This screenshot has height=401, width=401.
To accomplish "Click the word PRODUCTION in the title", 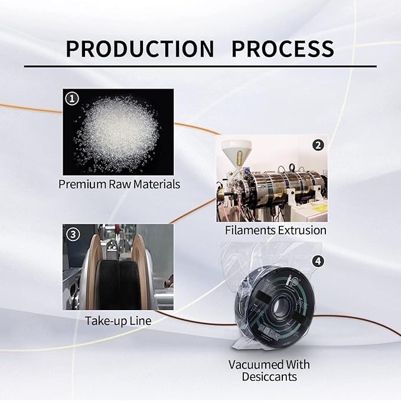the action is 140,48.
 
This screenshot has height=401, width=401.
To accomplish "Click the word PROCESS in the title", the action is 283,48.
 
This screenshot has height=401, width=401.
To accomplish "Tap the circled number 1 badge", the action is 72,99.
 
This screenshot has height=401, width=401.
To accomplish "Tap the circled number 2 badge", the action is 318,145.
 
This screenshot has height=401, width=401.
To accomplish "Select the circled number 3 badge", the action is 73,234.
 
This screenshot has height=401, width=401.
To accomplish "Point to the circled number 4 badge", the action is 318,261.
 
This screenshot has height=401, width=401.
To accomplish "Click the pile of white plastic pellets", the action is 118,132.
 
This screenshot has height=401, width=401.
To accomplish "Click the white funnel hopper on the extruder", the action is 236,154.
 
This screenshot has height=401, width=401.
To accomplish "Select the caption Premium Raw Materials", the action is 119,184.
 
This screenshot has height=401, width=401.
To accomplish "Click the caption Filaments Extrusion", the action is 275,230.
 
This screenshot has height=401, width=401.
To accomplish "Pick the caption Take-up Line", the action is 118,321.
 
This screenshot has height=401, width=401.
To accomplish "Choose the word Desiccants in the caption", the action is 269,376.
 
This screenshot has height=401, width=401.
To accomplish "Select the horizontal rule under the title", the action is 201,66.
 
